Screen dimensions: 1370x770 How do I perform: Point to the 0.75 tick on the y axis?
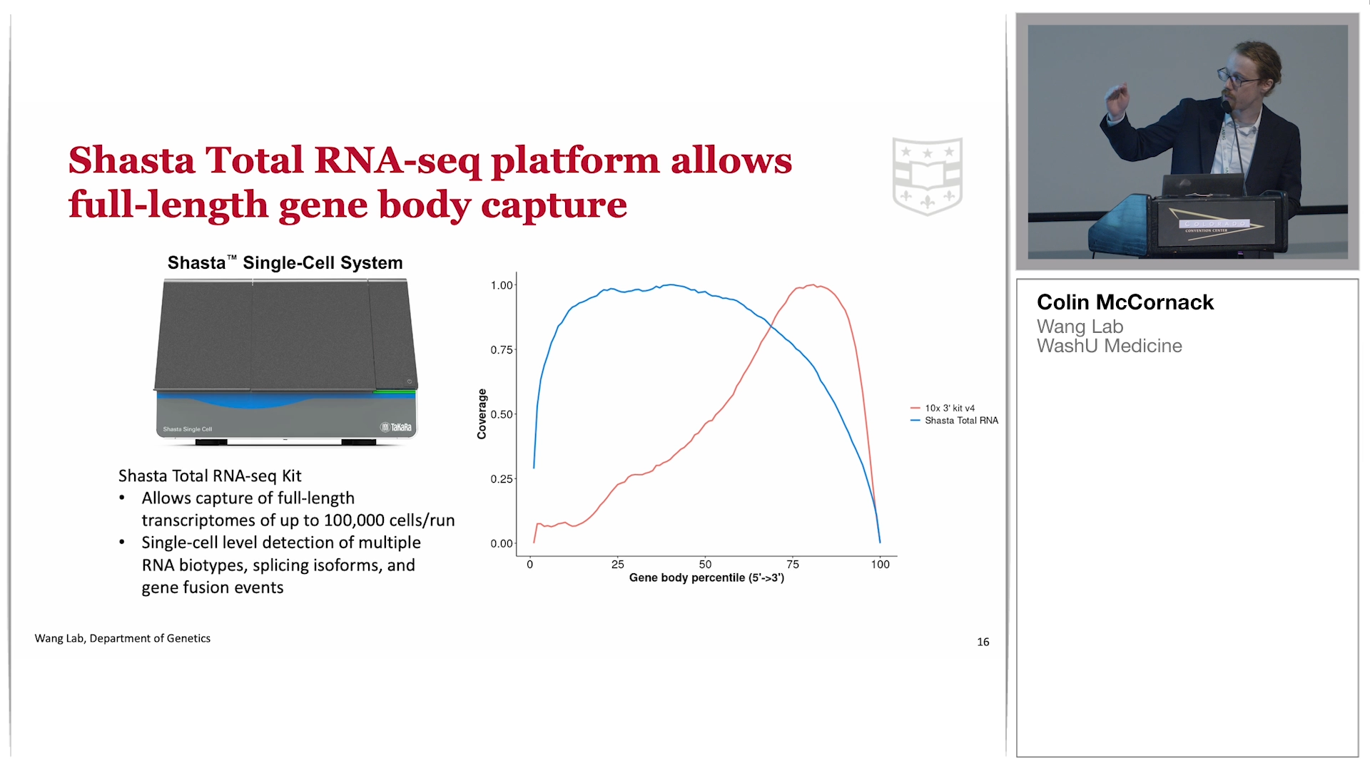click(502, 349)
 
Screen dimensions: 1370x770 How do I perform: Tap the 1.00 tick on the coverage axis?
click(502, 285)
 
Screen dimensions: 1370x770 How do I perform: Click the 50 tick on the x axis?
click(705, 564)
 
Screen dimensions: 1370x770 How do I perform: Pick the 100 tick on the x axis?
click(880, 564)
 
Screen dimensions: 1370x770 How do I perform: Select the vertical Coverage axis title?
click(482, 414)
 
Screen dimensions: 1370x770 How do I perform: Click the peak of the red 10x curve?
click(813, 285)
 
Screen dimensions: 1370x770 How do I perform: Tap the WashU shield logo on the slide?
click(928, 176)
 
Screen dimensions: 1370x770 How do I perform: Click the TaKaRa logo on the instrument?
click(396, 427)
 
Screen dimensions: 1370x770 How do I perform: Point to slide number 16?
click(983, 642)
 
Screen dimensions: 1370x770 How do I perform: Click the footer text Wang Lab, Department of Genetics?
click(123, 638)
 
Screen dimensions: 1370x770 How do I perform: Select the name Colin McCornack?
click(1125, 302)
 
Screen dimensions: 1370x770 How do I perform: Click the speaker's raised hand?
click(1117, 98)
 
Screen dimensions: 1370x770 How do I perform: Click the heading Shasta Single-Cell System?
click(285, 262)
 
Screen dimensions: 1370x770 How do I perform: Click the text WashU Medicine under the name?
click(1110, 346)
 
